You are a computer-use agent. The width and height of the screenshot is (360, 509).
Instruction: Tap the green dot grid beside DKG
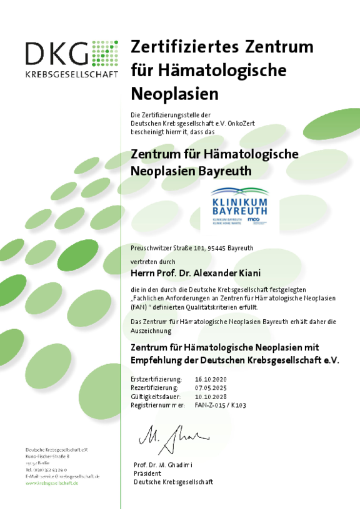[105, 54]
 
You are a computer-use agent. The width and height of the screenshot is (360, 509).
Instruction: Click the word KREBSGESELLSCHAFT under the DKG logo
[71, 74]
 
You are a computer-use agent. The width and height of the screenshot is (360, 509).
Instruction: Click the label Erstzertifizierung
[156, 379]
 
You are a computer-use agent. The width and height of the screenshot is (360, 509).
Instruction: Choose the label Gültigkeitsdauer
[156, 397]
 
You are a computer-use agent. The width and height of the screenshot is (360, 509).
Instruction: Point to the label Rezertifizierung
[156, 388]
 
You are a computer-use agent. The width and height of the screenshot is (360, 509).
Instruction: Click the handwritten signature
[170, 438]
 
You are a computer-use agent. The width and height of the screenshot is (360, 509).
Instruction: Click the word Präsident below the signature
[147, 473]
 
